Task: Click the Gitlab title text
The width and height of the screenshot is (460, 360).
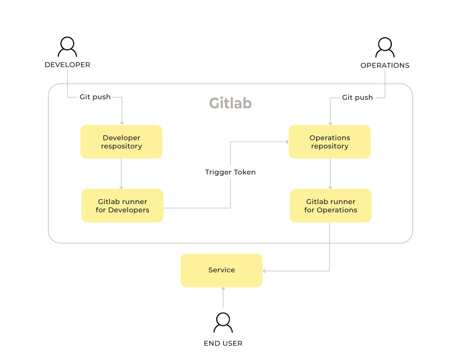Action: click(x=230, y=103)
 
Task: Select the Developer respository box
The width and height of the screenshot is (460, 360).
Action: click(x=121, y=142)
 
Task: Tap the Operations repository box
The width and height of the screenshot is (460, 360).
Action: click(x=329, y=142)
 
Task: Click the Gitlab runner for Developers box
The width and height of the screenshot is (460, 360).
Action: click(x=122, y=206)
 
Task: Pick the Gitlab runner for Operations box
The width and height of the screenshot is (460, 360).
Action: click(x=330, y=206)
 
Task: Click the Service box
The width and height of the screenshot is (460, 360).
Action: click(x=221, y=271)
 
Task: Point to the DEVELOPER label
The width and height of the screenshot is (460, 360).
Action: click(x=67, y=65)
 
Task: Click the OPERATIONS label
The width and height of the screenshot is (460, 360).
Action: click(x=385, y=65)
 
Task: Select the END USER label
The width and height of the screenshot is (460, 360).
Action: click(x=223, y=343)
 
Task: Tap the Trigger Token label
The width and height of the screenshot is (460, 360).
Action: click(x=230, y=172)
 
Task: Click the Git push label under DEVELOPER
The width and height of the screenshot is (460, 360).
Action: click(x=95, y=97)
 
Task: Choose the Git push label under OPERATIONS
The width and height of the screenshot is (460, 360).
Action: click(x=357, y=98)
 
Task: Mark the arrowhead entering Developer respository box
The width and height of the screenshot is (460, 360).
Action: click(x=122, y=122)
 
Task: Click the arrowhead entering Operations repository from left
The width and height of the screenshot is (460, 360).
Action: click(x=286, y=142)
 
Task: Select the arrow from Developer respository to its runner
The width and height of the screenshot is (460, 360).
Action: click(x=121, y=174)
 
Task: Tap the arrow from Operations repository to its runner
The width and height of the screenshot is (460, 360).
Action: click(x=330, y=174)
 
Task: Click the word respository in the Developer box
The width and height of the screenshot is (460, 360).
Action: click(x=121, y=146)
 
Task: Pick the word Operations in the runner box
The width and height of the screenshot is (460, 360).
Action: click(x=337, y=210)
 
